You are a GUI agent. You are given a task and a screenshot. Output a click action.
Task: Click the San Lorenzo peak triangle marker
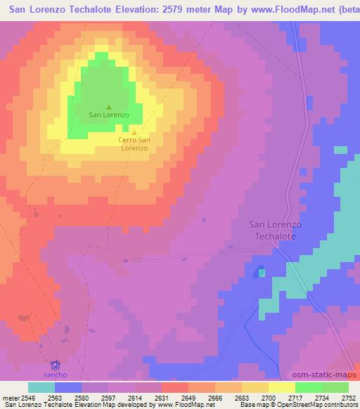point(108,107)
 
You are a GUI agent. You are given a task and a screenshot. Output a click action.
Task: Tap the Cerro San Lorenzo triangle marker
point(134,131)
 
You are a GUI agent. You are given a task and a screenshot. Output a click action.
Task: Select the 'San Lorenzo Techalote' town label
point(276,231)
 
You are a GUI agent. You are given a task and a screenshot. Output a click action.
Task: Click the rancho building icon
point(56,365)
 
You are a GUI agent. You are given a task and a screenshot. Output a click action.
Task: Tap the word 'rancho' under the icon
point(56,375)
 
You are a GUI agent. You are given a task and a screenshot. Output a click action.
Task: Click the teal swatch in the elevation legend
point(41,387)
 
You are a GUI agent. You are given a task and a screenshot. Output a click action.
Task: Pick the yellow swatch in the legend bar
point(281,387)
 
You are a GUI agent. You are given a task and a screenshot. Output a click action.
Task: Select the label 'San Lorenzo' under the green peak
point(108,115)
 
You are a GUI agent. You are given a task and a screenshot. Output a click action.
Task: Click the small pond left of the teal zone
point(259,270)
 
